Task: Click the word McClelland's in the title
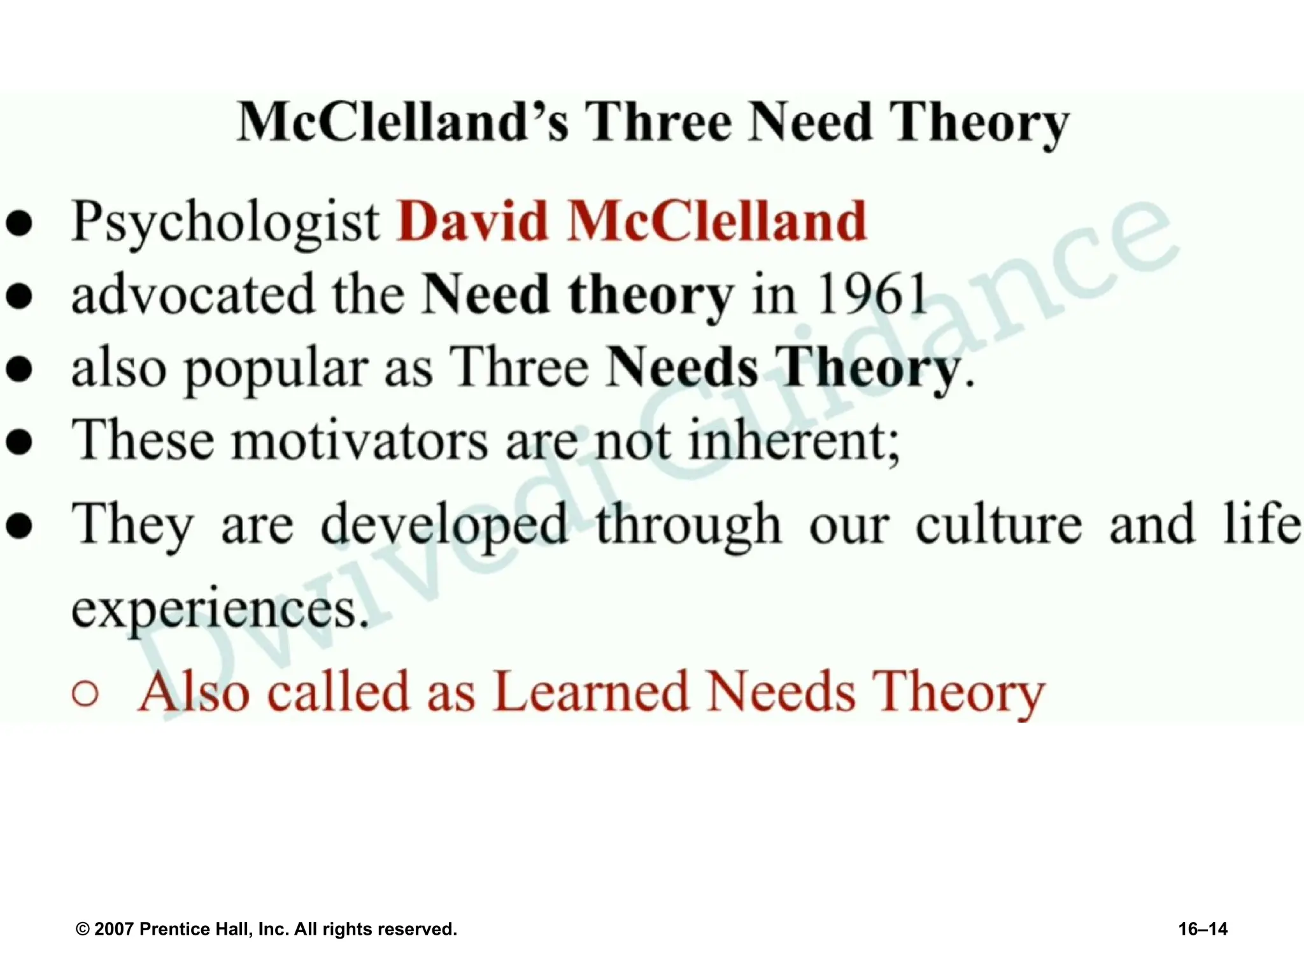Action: click(402, 122)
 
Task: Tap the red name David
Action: click(472, 222)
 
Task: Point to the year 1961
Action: click(872, 294)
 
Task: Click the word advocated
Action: click(193, 294)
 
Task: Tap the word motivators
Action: click(360, 441)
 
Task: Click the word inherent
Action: click(794, 441)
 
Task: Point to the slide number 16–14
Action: click(1203, 929)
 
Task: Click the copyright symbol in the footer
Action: click(83, 930)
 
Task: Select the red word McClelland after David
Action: click(718, 222)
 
